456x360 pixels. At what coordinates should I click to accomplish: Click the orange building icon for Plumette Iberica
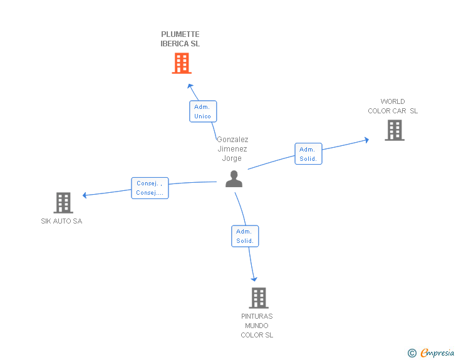point(181,63)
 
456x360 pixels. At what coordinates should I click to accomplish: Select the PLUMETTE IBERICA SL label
point(180,39)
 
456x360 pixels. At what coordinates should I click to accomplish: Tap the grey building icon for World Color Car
point(394,130)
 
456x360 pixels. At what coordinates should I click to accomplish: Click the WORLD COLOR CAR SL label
point(393,106)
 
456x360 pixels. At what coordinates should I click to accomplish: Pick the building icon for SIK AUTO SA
point(63,203)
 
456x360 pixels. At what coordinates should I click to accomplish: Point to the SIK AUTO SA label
point(61,221)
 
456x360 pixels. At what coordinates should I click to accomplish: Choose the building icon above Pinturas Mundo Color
point(258,298)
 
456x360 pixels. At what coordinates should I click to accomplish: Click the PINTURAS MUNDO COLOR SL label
point(257,326)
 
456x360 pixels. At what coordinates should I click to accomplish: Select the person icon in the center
point(234,179)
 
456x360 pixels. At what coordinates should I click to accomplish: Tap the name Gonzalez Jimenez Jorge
point(232,149)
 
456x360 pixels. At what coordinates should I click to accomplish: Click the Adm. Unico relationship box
point(202,111)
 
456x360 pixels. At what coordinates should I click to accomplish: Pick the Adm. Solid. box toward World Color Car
point(308,154)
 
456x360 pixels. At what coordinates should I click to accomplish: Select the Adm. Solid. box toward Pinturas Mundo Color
point(245,236)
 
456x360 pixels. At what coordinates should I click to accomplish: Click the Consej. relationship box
point(150,188)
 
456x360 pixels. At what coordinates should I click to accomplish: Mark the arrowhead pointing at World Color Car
point(366,140)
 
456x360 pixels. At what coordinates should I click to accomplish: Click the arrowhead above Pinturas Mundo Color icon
point(254,279)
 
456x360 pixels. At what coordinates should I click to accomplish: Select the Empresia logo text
point(437,353)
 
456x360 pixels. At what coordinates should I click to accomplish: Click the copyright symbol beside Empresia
point(412,353)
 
